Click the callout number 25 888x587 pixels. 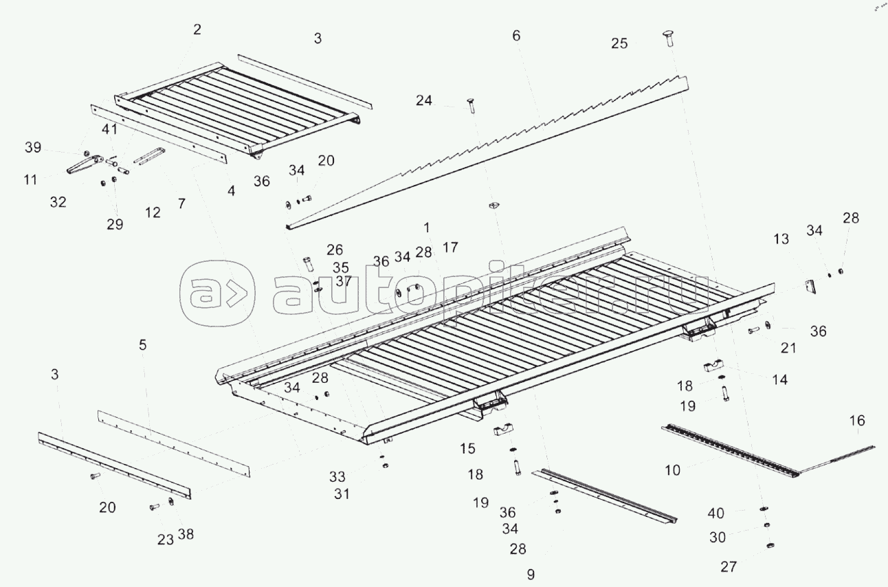tap(619, 43)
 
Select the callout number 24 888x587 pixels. tap(424, 101)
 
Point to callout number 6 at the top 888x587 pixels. tap(516, 35)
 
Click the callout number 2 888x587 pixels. tap(197, 29)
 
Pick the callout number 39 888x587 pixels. tap(32, 148)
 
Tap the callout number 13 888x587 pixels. tap(781, 239)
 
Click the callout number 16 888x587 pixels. tap(857, 421)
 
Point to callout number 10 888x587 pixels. tap(673, 471)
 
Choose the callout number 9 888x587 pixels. tap(530, 574)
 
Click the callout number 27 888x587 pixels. tap(729, 567)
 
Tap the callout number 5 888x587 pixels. tap(142, 345)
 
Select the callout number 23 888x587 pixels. tap(165, 540)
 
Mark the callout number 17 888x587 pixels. tap(450, 247)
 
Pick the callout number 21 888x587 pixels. tap(788, 348)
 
